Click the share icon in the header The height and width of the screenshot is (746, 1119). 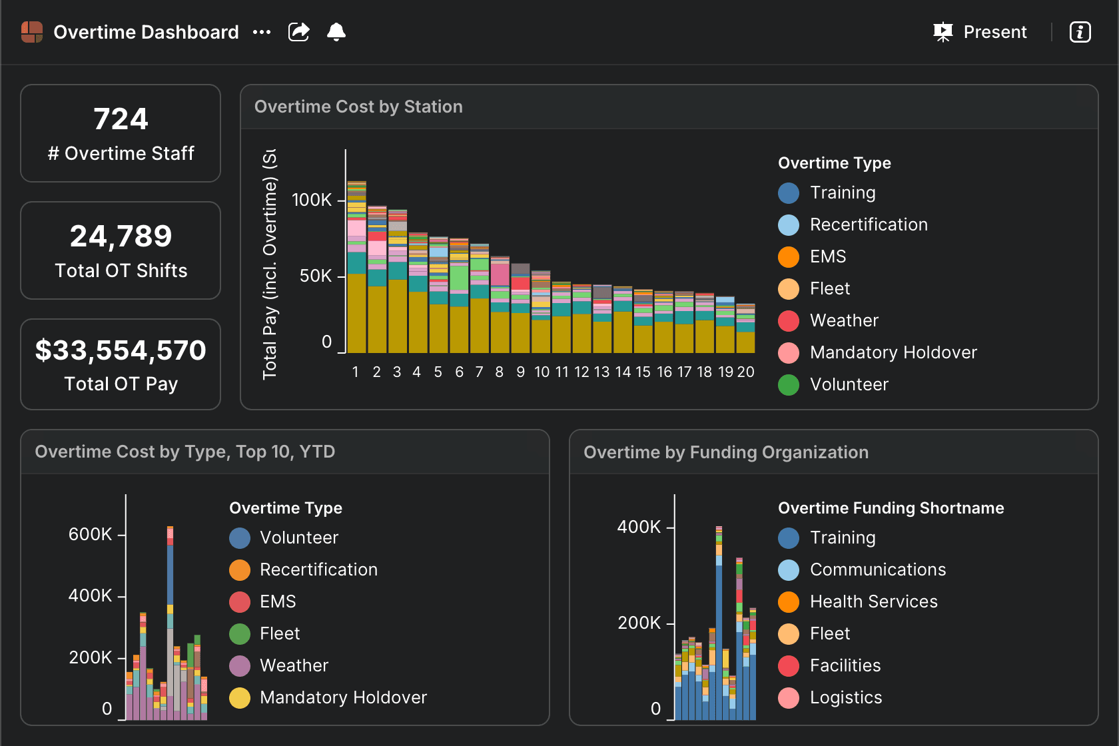[x=298, y=32]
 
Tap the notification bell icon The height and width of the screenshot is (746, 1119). [x=336, y=32]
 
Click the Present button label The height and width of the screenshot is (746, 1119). [x=994, y=32]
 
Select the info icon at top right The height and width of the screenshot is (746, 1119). [x=1080, y=32]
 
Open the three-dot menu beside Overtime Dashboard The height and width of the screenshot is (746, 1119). [x=262, y=33]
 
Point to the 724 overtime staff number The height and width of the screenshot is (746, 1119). [x=121, y=119]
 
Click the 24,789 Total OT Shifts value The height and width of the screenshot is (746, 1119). [x=121, y=236]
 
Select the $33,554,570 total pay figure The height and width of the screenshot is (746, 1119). [x=121, y=350]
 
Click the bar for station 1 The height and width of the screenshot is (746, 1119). [x=357, y=267]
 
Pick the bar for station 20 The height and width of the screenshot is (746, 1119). [x=745, y=328]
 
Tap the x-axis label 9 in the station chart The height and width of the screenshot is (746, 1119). [x=521, y=372]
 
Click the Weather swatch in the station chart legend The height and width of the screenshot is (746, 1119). [x=789, y=321]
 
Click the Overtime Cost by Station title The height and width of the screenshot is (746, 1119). [x=358, y=107]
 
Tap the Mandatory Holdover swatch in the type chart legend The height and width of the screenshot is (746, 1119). [x=240, y=697]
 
